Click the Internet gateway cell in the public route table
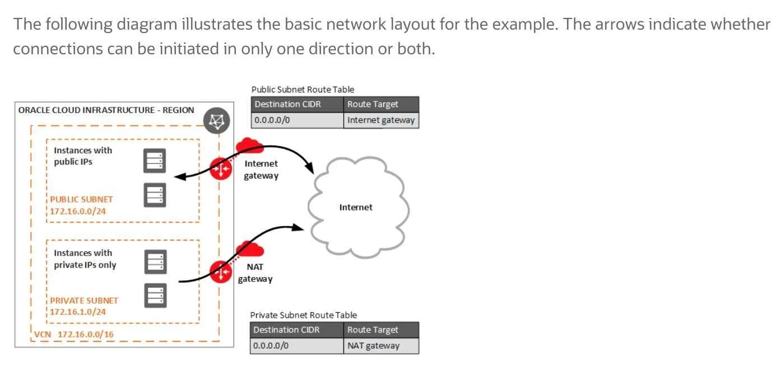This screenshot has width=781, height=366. click(381, 120)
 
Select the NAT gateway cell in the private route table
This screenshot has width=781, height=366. click(381, 346)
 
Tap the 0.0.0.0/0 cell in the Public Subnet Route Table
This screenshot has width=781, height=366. click(297, 120)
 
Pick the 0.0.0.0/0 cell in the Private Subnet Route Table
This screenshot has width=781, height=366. click(297, 346)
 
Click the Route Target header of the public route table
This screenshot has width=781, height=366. click(381, 105)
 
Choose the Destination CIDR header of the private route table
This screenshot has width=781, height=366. click(297, 330)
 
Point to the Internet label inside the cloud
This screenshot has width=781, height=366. click(356, 208)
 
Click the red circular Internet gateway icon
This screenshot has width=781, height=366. click(221, 169)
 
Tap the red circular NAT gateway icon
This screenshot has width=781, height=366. click(221, 272)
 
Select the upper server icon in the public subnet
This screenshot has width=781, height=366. click(155, 161)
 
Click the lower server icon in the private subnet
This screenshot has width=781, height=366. click(156, 295)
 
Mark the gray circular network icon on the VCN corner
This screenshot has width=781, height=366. click(216, 121)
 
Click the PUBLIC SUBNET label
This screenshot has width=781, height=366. click(81, 200)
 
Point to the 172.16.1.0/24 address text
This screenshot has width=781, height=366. click(78, 312)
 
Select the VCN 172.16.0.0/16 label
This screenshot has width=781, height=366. click(74, 334)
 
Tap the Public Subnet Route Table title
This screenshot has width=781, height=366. click(303, 90)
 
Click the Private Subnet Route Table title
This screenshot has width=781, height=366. click(303, 315)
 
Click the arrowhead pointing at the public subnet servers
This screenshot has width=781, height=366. click(180, 176)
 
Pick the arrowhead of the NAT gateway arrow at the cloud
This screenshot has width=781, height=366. click(297, 228)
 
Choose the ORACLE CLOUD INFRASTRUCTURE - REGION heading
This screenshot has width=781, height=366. click(106, 110)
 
